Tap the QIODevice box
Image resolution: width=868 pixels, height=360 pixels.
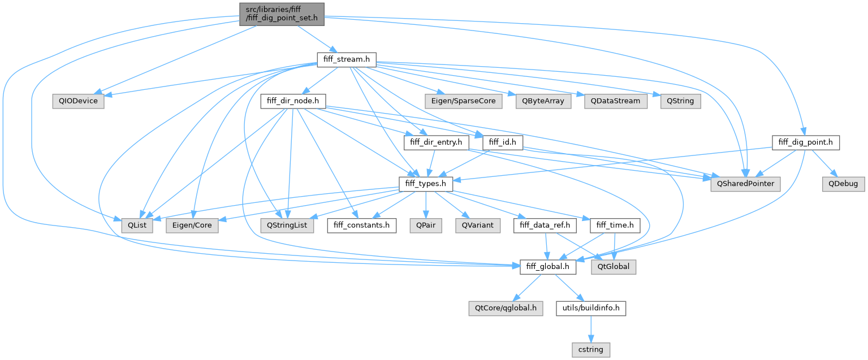[78, 101]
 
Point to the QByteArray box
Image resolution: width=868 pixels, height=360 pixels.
[539, 101]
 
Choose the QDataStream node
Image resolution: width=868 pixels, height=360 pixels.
[616, 101]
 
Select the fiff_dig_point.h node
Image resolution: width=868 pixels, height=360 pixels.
[805, 142]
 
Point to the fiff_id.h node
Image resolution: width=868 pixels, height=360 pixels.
[502, 142]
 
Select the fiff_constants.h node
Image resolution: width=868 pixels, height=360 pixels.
[362, 225]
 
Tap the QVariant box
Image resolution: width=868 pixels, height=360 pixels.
[478, 225]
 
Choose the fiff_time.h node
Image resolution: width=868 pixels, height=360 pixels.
[615, 225]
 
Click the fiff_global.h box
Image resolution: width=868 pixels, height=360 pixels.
[547, 266]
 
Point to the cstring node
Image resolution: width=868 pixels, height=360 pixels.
[590, 350]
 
